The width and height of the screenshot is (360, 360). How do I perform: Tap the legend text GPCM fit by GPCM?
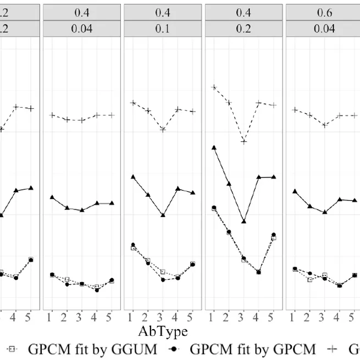tap(252, 348)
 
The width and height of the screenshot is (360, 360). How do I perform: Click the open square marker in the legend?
tap(12, 348)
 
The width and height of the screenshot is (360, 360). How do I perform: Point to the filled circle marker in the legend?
tap(174, 348)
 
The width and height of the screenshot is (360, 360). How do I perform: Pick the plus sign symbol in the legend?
tap(334, 348)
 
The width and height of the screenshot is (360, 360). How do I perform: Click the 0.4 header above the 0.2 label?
tap(243, 12)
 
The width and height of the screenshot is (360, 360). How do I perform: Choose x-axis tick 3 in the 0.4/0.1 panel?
tap(163, 317)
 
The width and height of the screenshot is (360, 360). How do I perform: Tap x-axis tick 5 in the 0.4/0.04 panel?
tap(112, 317)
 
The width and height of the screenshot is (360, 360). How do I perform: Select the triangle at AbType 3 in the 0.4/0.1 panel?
tap(163, 215)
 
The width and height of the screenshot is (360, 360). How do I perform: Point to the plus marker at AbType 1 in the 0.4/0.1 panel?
tap(132, 103)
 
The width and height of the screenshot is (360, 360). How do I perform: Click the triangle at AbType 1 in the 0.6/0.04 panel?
tap(295, 191)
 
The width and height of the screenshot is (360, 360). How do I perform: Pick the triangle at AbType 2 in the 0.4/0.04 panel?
tap(67, 208)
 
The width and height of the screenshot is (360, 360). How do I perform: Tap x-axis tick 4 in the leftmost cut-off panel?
tap(16, 317)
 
